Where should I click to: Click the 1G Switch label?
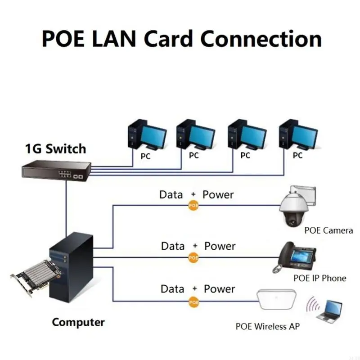click(x=55, y=148)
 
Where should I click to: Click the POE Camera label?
click(x=328, y=230)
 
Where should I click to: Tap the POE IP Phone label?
click(x=319, y=278)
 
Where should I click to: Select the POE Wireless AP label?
click(x=268, y=326)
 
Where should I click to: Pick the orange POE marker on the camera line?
click(x=193, y=205)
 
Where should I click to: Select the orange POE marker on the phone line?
click(x=193, y=258)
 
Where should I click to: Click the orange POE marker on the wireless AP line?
click(x=193, y=302)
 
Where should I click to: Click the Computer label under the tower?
click(x=78, y=322)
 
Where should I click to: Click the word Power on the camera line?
click(x=218, y=194)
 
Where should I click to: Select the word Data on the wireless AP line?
click(x=173, y=288)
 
